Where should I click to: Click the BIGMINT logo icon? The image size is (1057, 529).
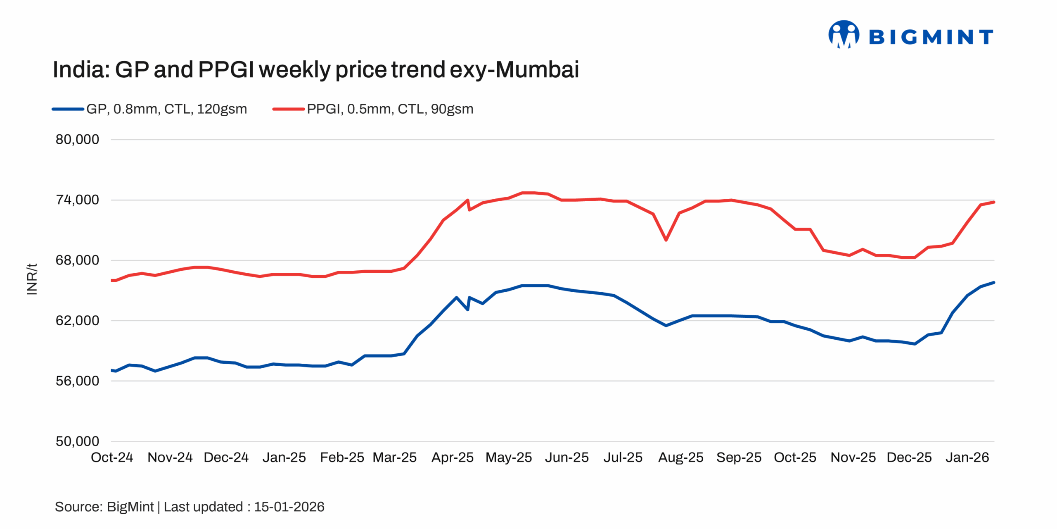coord(844,35)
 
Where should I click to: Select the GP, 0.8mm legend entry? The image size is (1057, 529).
coord(166,109)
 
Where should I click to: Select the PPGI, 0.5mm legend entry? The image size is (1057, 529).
coord(389,109)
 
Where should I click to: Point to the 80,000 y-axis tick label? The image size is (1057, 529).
coord(77,140)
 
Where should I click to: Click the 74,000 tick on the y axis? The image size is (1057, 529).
coord(77,200)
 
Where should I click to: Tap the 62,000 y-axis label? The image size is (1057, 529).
coord(77,321)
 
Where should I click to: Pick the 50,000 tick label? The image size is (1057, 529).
coord(77,441)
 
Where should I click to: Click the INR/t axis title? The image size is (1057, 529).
coord(32,279)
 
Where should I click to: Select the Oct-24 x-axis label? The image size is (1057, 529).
coord(112,458)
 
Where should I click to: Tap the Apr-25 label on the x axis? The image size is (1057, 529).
coord(452,458)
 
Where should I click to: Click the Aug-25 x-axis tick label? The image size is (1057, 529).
coord(680,458)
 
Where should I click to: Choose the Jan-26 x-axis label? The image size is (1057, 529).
coord(967,458)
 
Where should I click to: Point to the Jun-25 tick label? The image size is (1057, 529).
coord(566,458)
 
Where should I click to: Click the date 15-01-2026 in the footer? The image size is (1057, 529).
coord(289,507)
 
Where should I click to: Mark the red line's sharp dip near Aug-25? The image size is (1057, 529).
coord(666,240)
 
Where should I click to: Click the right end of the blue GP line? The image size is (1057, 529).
coord(993,283)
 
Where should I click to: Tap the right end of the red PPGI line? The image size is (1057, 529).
coord(993,202)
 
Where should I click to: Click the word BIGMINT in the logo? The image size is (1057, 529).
coord(931,37)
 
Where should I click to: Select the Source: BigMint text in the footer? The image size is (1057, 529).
coord(104,507)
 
